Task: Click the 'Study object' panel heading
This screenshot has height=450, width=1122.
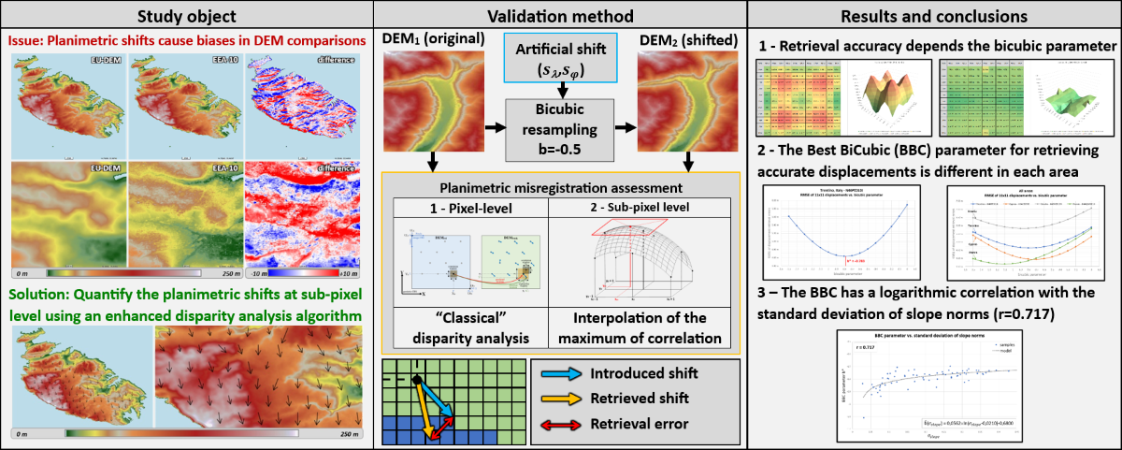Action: [186, 16]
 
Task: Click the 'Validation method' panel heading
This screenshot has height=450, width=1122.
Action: [560, 16]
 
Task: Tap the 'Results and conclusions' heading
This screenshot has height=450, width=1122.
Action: [934, 16]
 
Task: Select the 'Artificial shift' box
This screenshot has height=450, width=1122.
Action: [559, 61]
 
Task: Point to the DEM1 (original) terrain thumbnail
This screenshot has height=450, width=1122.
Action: [432, 100]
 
